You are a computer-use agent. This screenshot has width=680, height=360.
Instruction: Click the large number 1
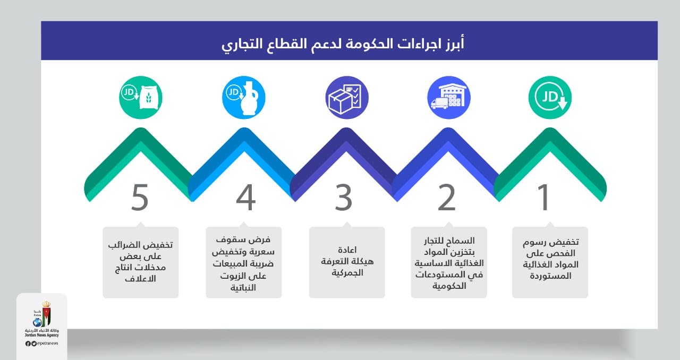[543, 198]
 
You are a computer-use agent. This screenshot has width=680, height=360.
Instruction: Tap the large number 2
[447, 198]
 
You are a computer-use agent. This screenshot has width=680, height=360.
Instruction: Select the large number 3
[343, 198]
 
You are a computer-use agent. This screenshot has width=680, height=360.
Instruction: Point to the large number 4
[245, 198]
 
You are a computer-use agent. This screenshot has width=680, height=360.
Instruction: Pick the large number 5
[140, 198]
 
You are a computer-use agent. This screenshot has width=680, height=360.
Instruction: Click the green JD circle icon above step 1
[550, 98]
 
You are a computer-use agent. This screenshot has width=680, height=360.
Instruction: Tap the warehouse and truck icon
[449, 98]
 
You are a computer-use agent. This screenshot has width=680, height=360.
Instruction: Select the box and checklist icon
[347, 98]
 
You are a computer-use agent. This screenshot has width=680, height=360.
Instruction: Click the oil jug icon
[244, 98]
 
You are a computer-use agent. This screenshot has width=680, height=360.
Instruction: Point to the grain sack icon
[141, 98]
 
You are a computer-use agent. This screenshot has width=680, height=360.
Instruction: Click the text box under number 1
[550, 262]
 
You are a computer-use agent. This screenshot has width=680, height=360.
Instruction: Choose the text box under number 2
[449, 262]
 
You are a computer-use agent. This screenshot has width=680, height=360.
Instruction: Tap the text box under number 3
[347, 262]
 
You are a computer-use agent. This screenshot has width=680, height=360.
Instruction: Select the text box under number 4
[244, 262]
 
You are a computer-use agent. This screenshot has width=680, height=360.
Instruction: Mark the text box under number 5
[141, 262]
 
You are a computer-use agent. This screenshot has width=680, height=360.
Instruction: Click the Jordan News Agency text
[41, 335]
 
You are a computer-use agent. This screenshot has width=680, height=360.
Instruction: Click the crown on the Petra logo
[46, 304]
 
